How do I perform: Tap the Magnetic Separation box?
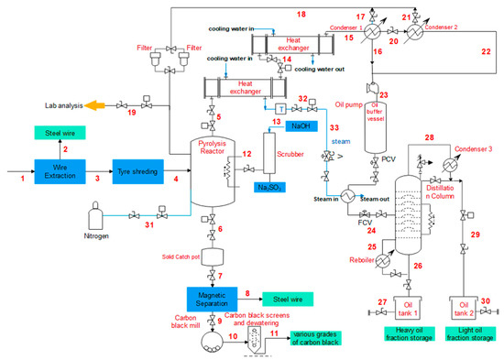212,294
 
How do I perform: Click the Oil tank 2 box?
460,305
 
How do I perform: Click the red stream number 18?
301,16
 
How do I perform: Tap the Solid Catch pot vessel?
212,255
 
